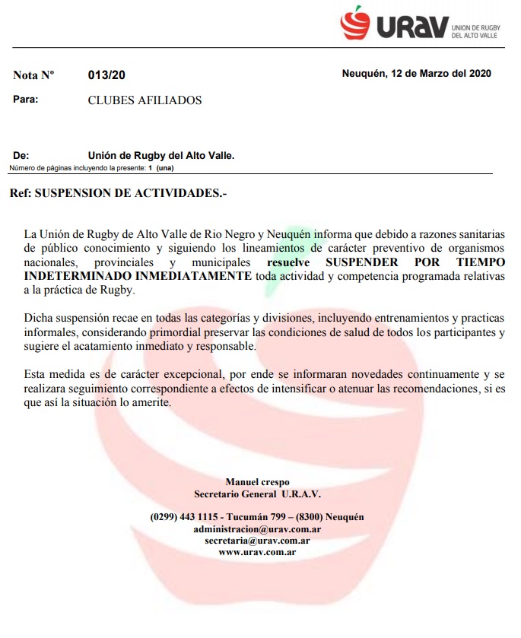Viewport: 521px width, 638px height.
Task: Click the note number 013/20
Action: tap(106, 75)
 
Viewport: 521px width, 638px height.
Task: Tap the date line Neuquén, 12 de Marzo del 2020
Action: tap(416, 74)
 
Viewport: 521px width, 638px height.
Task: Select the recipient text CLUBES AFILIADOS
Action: tap(145, 100)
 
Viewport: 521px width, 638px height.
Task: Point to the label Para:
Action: tap(25, 100)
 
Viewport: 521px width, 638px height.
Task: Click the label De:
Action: tap(21, 155)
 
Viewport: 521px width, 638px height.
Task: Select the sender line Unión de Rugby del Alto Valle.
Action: tap(161, 155)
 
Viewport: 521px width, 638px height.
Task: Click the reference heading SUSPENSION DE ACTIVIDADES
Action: tap(131, 192)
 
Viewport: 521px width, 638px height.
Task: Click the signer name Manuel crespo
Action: tap(257, 481)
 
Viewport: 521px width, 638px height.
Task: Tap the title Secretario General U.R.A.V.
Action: tap(257, 493)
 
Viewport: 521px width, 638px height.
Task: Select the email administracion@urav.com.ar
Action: tap(257, 528)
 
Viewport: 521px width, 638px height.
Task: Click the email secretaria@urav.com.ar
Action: tap(257, 540)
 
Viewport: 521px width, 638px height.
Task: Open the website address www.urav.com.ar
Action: tap(257, 552)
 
